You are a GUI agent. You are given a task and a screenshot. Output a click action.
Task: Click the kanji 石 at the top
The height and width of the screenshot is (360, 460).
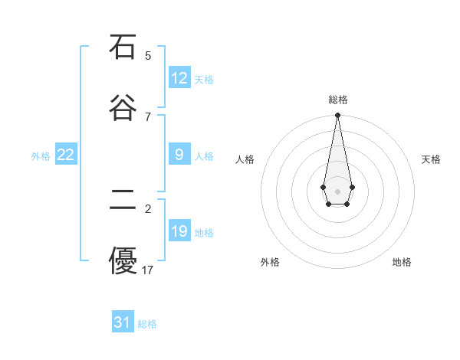122,47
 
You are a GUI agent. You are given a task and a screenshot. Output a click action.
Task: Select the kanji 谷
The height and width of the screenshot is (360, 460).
122,107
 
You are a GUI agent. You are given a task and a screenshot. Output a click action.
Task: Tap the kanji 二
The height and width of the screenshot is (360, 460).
122,200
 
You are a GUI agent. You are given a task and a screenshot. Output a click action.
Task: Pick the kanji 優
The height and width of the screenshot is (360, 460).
122,260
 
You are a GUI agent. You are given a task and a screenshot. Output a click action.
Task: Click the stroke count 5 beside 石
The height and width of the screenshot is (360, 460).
148,56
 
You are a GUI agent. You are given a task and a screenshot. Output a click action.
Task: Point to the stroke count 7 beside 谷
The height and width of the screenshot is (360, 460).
148,116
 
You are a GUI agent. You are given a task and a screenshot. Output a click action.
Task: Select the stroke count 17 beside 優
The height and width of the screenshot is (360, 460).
148,270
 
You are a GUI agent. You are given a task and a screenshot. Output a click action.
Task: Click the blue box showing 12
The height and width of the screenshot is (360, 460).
179,78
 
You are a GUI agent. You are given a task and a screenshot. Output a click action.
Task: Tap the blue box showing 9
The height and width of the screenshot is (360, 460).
179,155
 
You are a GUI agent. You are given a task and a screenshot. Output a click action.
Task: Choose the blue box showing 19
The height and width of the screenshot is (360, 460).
179,231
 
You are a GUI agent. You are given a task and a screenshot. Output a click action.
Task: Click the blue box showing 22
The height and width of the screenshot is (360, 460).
66,155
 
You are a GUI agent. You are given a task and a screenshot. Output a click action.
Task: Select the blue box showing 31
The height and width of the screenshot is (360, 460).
123,322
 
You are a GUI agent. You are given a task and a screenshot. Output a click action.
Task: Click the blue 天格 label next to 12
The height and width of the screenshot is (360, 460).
204,80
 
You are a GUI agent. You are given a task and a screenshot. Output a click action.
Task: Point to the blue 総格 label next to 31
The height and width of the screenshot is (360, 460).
147,324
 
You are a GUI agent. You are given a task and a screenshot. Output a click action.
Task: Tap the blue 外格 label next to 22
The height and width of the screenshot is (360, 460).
41,156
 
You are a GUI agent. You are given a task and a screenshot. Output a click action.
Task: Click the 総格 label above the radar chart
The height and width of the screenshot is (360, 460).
337,100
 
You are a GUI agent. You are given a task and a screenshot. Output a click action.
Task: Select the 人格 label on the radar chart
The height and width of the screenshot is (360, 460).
245,159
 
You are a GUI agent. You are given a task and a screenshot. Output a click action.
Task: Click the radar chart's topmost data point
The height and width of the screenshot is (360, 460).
337,116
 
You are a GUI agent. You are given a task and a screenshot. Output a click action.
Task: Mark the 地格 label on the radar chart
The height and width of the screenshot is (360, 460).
402,262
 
